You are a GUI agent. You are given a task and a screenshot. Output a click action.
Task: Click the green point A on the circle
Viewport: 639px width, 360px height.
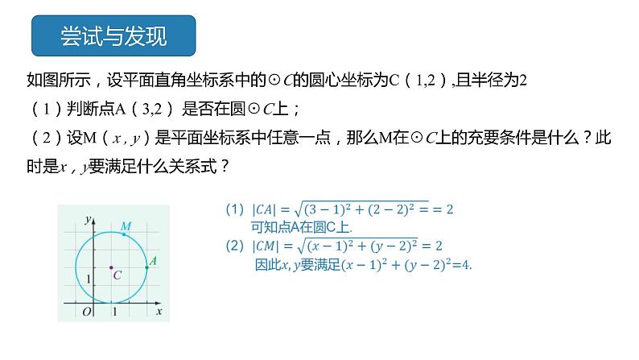(x=146, y=267)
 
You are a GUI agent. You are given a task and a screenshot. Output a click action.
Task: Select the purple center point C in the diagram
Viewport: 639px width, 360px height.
(x=111, y=267)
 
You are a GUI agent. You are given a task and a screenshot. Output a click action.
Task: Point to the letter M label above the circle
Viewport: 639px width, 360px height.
(x=126, y=226)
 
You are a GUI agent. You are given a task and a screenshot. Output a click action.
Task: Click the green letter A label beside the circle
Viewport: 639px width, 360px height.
(x=153, y=260)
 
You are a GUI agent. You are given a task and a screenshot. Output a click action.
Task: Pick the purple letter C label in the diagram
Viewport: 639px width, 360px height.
(x=117, y=275)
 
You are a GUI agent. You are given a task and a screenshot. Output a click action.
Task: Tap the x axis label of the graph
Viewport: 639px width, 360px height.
(x=159, y=311)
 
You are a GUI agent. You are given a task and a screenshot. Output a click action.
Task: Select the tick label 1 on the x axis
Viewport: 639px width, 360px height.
(x=113, y=311)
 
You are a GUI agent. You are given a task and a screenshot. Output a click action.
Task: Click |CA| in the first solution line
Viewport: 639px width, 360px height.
(x=266, y=209)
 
